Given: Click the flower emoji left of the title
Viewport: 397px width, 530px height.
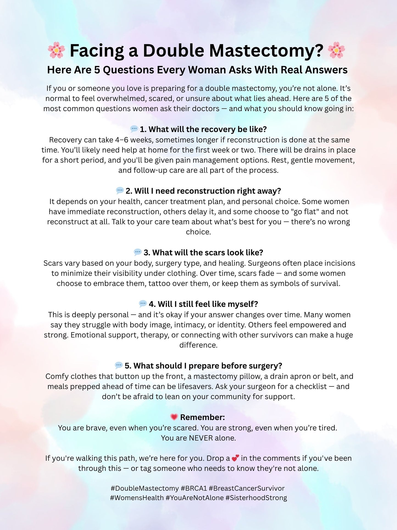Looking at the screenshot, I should click(x=56, y=50).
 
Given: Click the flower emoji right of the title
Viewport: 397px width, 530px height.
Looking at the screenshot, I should click(x=336, y=50).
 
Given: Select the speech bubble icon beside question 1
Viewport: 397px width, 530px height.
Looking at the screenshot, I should click(x=134, y=129).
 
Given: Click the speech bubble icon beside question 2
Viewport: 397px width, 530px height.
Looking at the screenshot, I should click(x=120, y=190).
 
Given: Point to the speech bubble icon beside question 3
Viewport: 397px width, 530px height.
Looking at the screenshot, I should click(x=138, y=252).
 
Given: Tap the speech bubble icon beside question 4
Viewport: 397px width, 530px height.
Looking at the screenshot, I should click(x=143, y=304).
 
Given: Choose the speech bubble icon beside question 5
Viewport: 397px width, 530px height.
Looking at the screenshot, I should click(x=119, y=365).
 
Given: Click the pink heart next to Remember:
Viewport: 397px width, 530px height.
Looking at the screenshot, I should click(x=174, y=417).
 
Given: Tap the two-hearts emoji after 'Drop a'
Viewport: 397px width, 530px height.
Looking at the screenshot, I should click(x=235, y=458).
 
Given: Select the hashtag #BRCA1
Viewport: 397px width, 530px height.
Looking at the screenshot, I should click(x=194, y=488).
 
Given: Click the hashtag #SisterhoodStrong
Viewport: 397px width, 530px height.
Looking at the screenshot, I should click(x=256, y=498).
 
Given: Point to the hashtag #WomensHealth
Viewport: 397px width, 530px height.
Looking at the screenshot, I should click(x=137, y=498).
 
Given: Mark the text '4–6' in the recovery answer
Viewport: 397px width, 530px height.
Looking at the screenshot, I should click(x=122, y=140).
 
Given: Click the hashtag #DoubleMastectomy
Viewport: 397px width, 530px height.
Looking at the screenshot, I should click(x=145, y=488).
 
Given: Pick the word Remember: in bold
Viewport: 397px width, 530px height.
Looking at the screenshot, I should click(x=202, y=417).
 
